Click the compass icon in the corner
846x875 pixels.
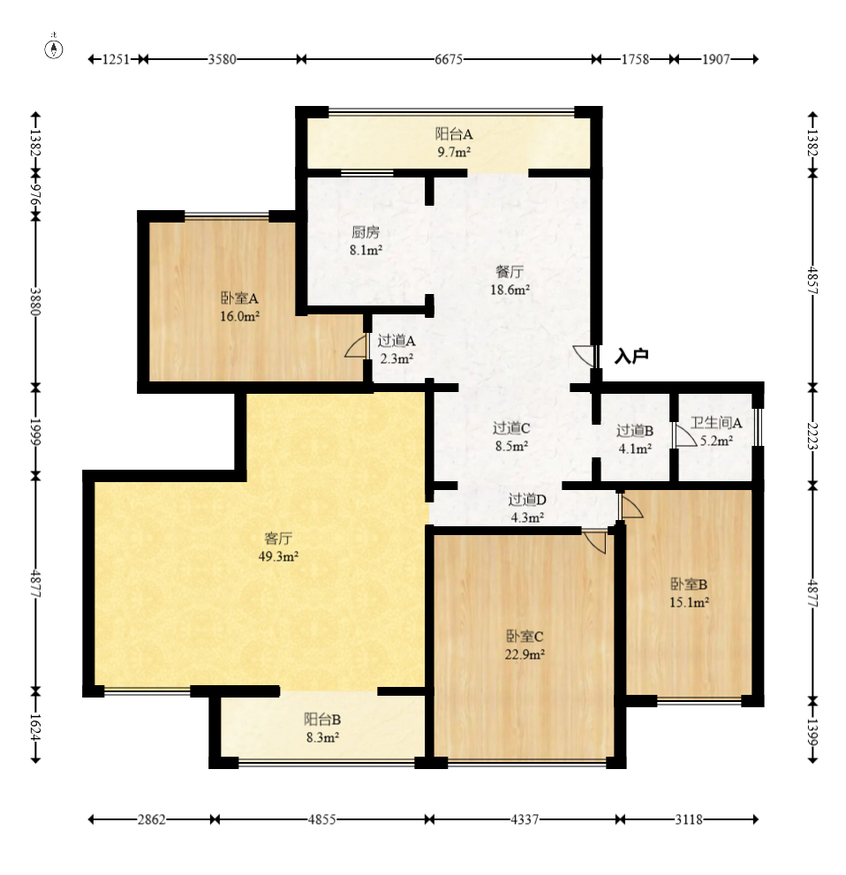(x=54, y=49)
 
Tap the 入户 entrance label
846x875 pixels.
(x=631, y=356)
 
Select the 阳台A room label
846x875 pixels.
(x=454, y=134)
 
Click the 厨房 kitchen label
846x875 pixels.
(x=365, y=232)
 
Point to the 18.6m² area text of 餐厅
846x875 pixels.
(x=510, y=290)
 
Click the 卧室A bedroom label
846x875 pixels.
(x=239, y=298)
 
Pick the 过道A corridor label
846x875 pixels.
(x=397, y=341)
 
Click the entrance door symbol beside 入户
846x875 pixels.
(x=585, y=356)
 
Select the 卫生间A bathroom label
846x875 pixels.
(x=716, y=423)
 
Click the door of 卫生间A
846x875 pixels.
(x=684, y=434)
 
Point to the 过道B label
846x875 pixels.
(x=635, y=431)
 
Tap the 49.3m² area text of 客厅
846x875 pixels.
(x=278, y=556)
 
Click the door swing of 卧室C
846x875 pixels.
(x=595, y=541)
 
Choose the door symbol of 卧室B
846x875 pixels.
(x=631, y=506)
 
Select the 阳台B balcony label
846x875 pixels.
(x=322, y=720)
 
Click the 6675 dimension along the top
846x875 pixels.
(x=449, y=59)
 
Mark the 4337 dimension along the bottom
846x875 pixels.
(x=525, y=819)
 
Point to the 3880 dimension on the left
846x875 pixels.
(x=35, y=301)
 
